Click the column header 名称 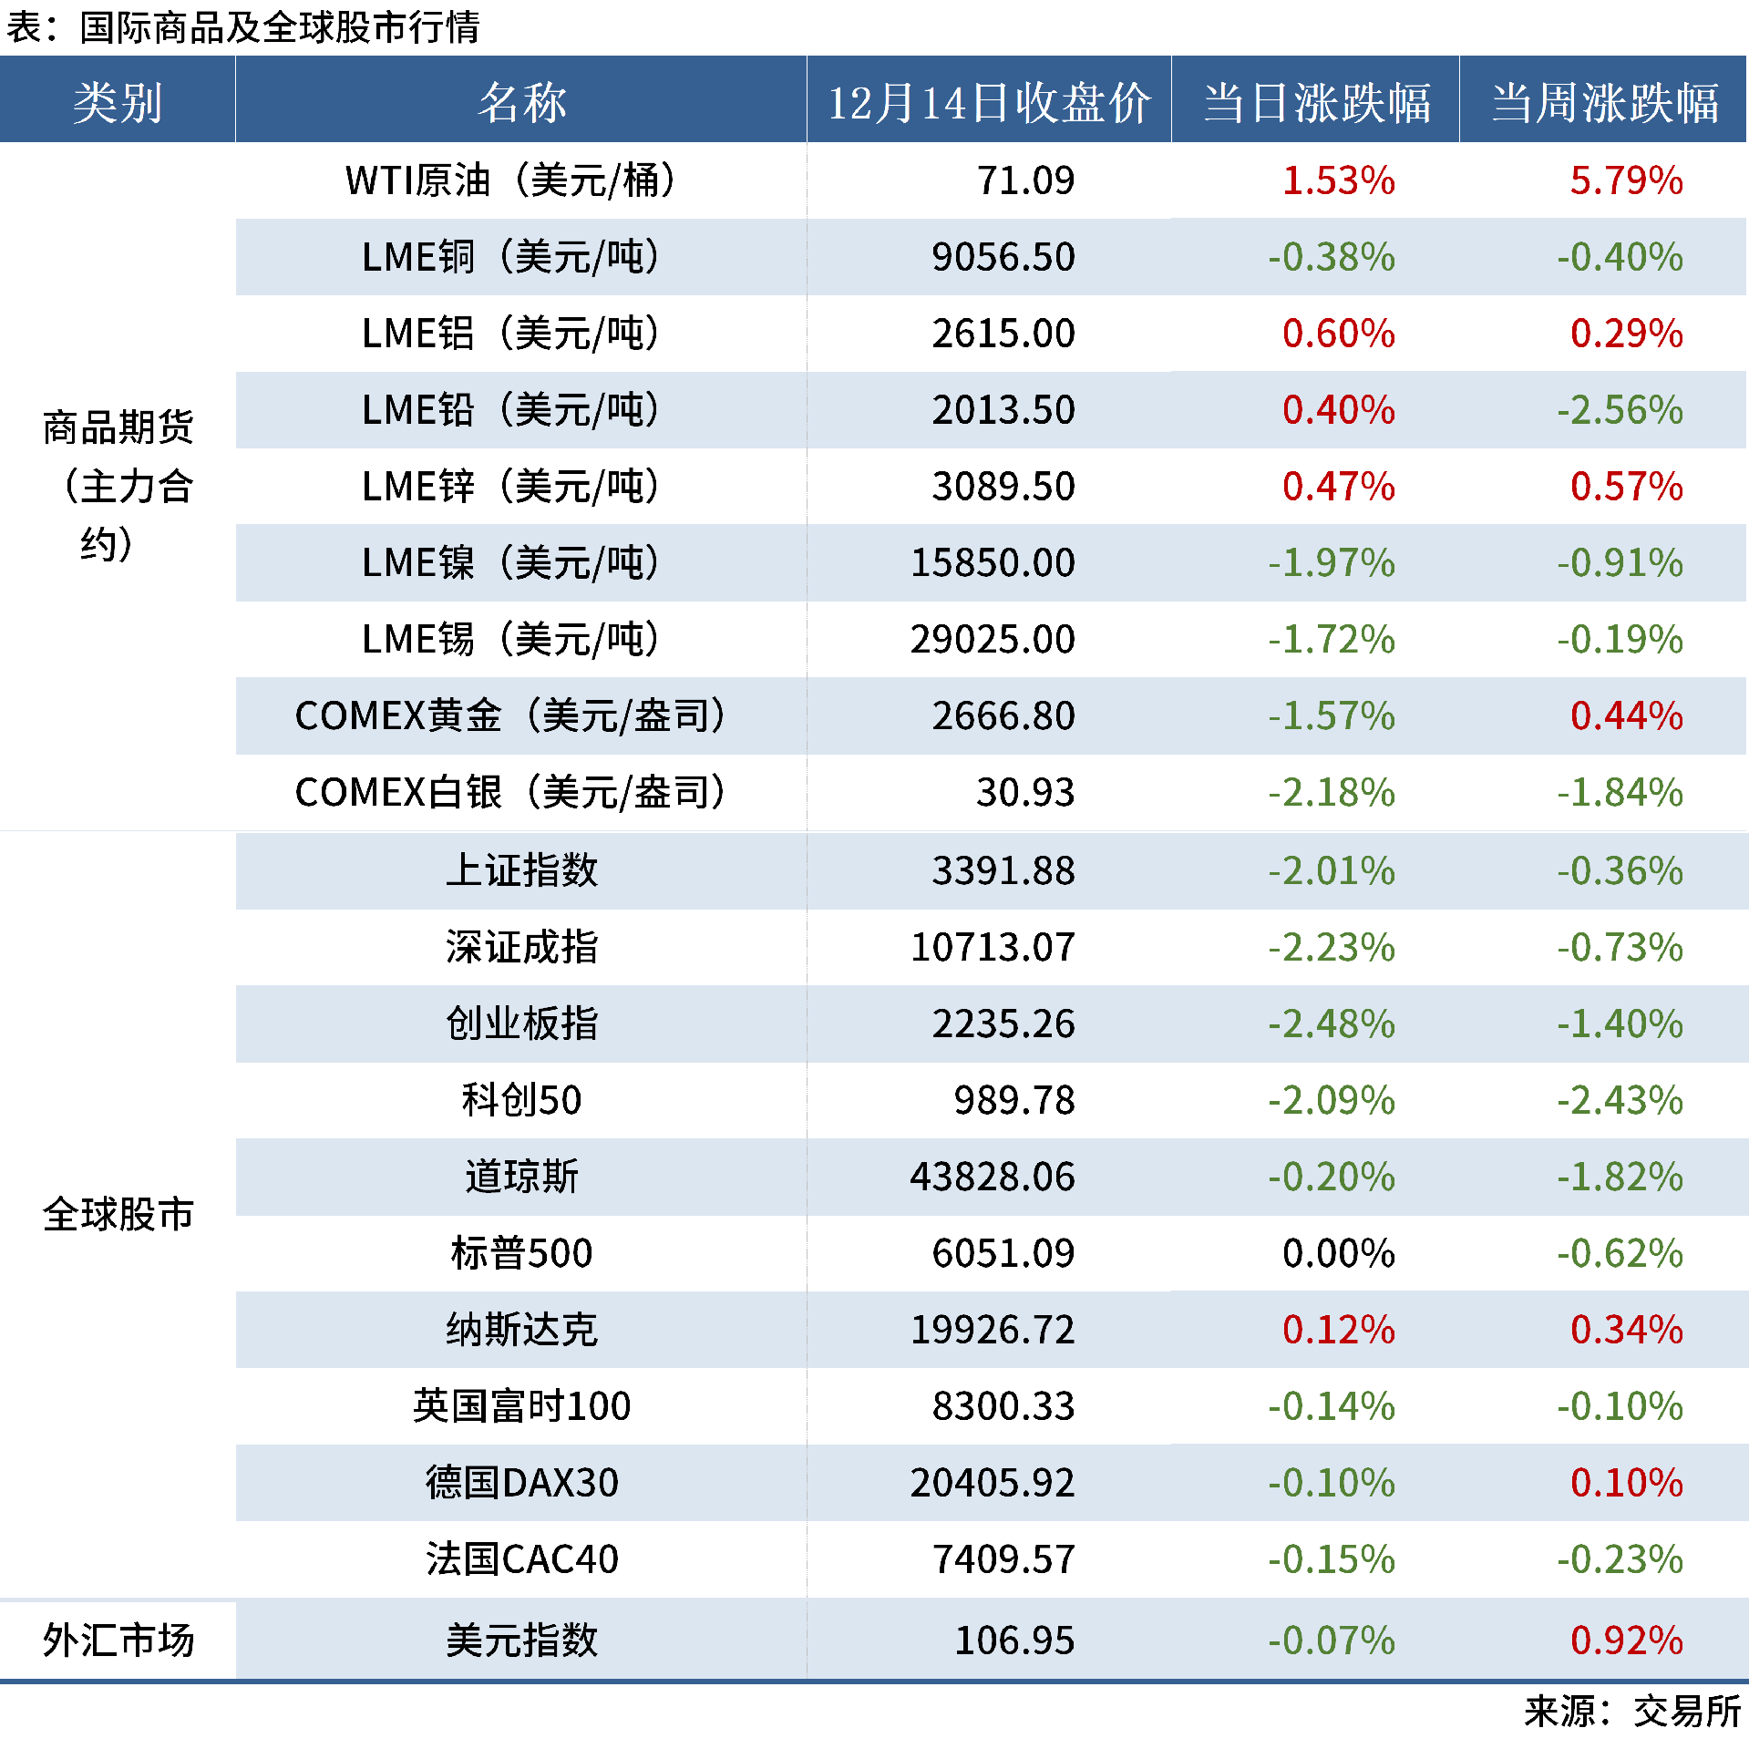coord(521,102)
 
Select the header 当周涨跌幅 coord(1604,102)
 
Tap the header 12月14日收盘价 coord(989,102)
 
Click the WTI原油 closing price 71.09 coord(1025,180)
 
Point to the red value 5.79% coord(1626,180)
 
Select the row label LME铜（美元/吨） coord(510,257)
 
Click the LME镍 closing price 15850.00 coord(993,562)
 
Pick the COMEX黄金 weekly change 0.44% coord(1626,715)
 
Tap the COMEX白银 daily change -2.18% coord(1332,792)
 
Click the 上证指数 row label coord(521,870)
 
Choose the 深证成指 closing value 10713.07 coord(993,947)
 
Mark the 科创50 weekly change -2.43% coord(1620,1100)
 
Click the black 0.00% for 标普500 coord(1338,1253)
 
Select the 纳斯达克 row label coord(521,1330)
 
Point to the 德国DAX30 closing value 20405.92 coord(993,1483)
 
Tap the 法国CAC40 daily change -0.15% coord(1332,1559)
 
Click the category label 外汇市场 coord(118,1641)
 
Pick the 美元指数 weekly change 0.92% coord(1626,1641)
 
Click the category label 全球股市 coord(118,1215)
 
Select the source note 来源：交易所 coord(1632,1712)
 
